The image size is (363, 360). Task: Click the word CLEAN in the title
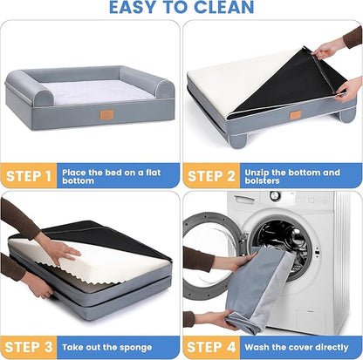coord(217,9)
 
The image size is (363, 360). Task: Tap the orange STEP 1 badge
coord(31,177)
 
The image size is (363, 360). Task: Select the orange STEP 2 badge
coord(213,177)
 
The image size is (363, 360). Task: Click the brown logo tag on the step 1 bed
coord(106,115)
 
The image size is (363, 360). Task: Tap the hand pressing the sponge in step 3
coord(57,251)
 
